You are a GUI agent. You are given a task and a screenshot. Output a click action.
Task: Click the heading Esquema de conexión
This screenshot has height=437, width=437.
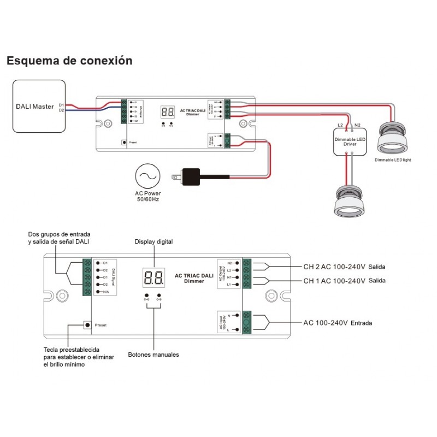tap(69, 61)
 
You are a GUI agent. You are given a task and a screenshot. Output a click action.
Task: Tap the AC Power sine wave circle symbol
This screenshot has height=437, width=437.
tap(148, 175)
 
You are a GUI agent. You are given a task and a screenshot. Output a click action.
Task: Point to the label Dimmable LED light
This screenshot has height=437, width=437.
tap(393, 160)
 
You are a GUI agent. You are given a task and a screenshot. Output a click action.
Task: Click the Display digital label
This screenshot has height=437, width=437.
tap(153, 241)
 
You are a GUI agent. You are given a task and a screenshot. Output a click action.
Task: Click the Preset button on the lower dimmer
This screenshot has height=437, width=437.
tap(87, 324)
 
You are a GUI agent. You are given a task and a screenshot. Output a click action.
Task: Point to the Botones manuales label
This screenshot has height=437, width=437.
tap(153, 355)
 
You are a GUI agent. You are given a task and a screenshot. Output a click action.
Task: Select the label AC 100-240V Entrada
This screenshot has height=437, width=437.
tap(338, 323)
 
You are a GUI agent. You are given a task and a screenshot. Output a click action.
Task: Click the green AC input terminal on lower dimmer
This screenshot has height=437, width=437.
tap(246, 323)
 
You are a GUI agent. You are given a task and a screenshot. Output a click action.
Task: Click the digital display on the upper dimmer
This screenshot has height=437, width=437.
tap(167, 112)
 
